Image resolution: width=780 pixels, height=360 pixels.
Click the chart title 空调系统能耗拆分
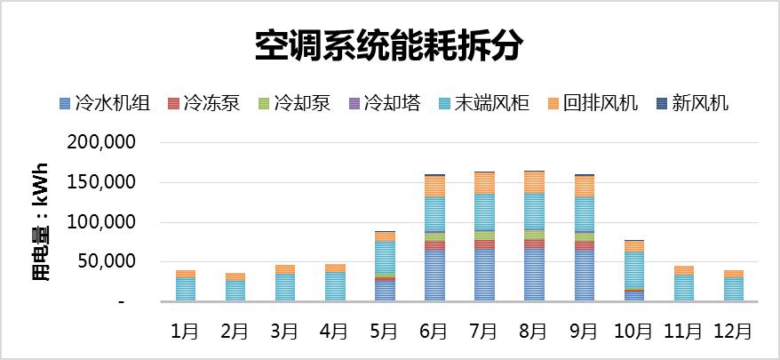coord(389,45)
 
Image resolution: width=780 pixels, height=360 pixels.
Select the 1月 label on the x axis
coord(185,331)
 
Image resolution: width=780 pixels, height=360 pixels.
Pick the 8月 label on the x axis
coord(534,331)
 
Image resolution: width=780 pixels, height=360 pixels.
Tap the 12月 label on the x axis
coord(733,331)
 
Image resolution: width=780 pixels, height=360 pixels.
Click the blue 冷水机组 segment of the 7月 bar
coord(484,276)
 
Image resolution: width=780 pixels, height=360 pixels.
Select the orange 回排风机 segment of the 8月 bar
coord(534,182)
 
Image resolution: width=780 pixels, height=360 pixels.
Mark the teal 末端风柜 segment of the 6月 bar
coord(434,213)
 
